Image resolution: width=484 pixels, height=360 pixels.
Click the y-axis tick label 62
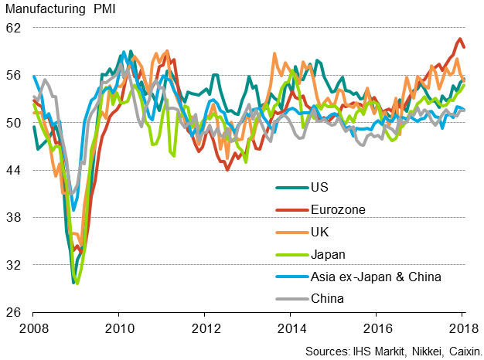tap(15, 28)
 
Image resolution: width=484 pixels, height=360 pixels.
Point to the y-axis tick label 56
tap(15, 75)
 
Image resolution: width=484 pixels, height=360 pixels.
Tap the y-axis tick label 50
tap(15, 123)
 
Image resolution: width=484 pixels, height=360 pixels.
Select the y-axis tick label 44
tap(15, 170)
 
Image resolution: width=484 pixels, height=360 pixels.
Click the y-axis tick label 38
tap(15, 218)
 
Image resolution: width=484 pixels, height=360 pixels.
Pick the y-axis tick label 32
tap(15, 265)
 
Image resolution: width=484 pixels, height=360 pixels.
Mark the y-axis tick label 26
tap(15, 313)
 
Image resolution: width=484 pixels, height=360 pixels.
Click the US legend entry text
tap(319, 187)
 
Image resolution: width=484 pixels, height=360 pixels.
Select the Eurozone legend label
tap(338, 209)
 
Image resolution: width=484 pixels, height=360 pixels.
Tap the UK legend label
tap(319, 231)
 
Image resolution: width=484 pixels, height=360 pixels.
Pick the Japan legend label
tap(328, 253)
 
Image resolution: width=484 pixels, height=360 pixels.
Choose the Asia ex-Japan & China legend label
tap(376, 276)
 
